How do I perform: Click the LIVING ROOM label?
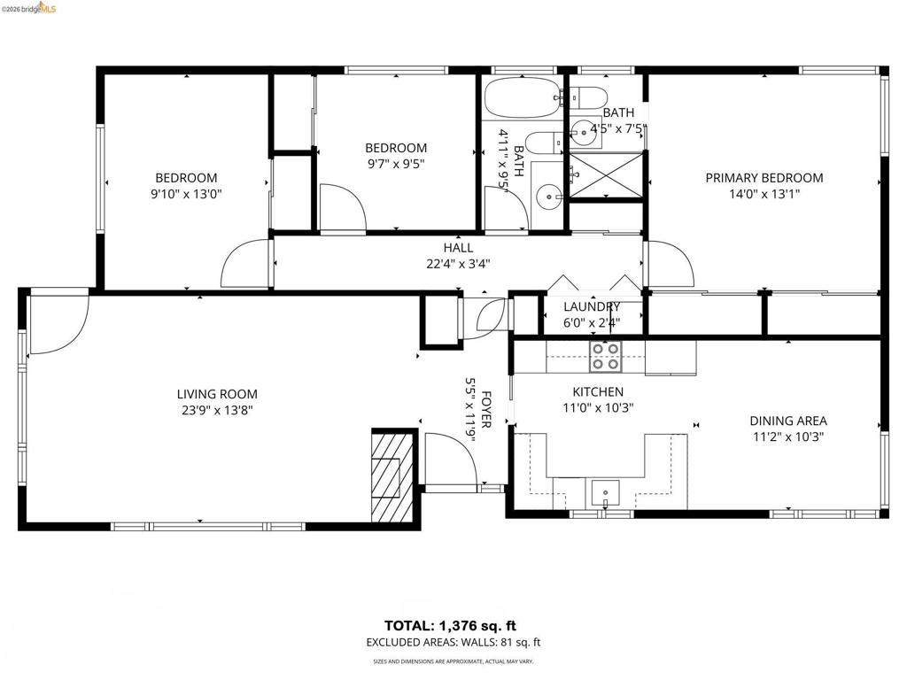(x=217, y=394)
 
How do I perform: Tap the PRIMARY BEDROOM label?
(x=764, y=178)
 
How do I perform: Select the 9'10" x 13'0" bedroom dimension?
(x=186, y=194)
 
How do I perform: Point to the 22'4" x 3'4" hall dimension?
(x=458, y=264)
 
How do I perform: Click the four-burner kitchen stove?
(x=606, y=356)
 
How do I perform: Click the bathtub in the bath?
(x=522, y=97)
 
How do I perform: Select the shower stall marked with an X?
(x=606, y=174)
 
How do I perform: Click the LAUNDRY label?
(x=592, y=306)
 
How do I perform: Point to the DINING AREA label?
(x=787, y=421)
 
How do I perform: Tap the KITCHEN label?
(x=598, y=392)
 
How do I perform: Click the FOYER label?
(x=486, y=410)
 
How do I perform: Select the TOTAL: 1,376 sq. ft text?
(x=450, y=626)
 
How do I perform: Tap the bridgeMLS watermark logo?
(x=29, y=7)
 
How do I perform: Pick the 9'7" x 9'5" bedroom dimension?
(x=396, y=164)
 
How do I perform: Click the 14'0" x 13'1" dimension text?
(x=764, y=194)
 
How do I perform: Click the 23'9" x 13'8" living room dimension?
(x=217, y=411)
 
